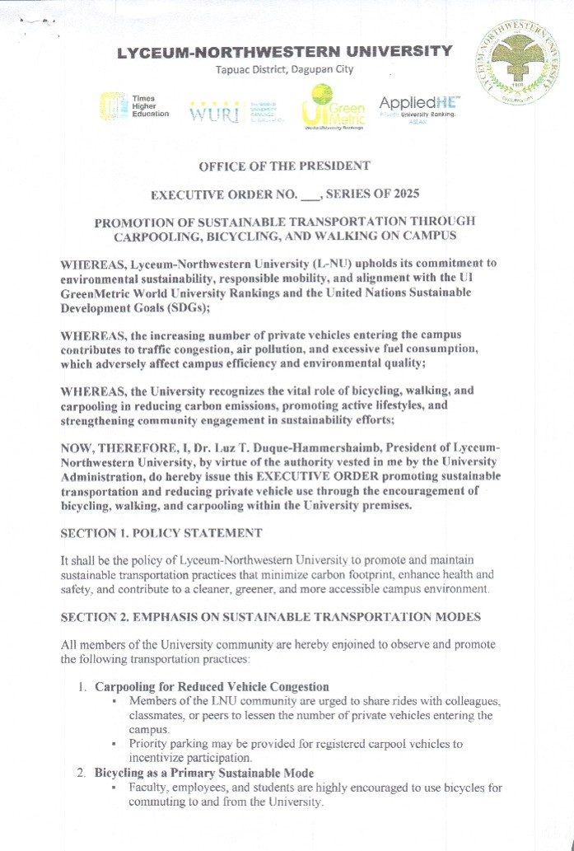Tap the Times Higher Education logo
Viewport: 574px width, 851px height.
133,106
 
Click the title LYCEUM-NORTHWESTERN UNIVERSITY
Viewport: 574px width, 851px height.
284,52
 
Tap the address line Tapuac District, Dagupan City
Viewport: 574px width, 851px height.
284,69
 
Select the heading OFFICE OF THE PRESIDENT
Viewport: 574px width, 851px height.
284,166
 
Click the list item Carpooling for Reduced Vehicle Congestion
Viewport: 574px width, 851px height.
212,686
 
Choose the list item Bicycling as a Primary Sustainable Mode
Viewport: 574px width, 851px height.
204,773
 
